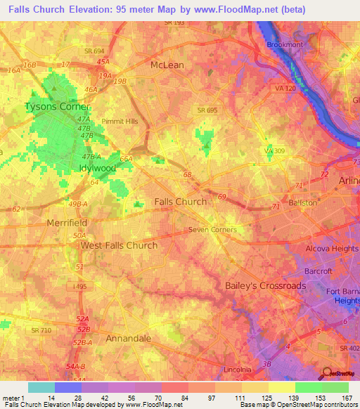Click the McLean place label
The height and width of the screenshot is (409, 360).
pos(167,65)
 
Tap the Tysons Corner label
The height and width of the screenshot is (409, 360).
pos(57,107)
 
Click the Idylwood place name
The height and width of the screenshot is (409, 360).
pos(97,169)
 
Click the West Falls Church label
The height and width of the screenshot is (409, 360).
pos(119,245)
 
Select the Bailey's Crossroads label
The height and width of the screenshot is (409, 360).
pos(265,285)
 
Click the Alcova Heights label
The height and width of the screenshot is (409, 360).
pos(333,249)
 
